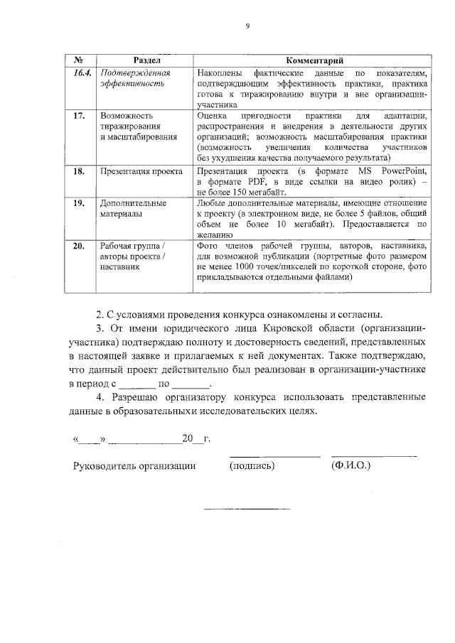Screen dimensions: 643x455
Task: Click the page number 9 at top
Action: pos(247,26)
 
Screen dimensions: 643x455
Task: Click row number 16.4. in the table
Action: pos(83,73)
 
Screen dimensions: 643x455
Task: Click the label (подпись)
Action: pos(252,466)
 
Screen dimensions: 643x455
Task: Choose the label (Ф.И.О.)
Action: pos(350,466)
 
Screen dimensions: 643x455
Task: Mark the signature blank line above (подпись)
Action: pos(274,455)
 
